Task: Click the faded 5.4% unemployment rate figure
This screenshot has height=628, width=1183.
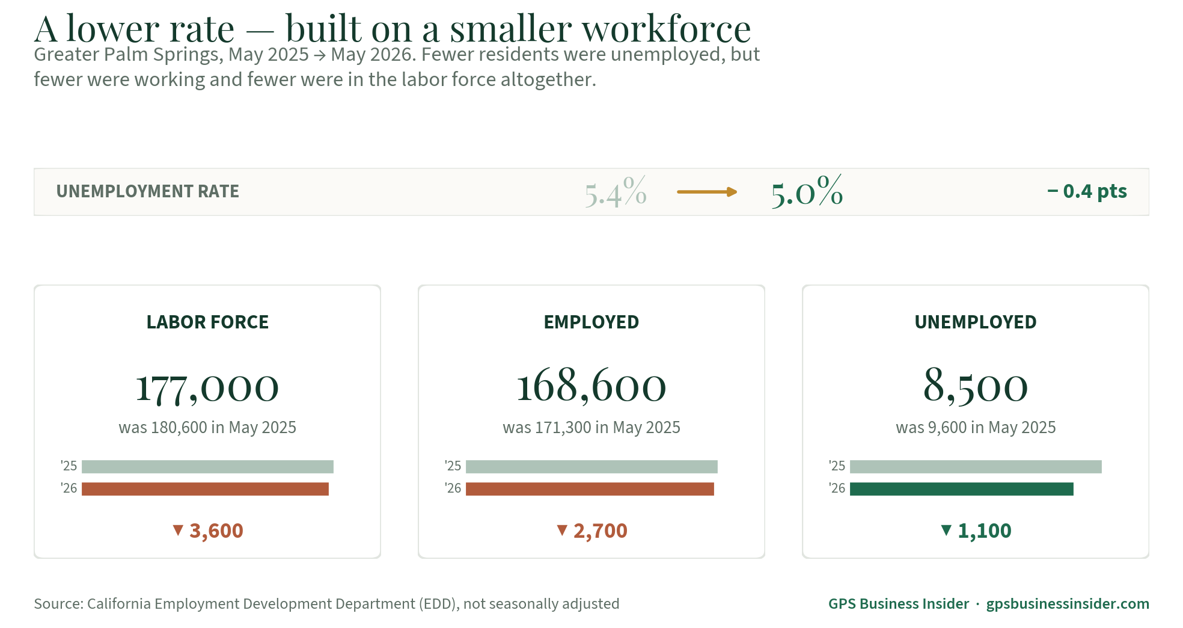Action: pos(616,192)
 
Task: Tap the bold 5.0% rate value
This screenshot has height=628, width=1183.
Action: pos(807,191)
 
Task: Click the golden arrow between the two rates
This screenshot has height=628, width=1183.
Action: pos(707,192)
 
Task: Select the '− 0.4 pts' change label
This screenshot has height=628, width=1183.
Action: pos(1087,191)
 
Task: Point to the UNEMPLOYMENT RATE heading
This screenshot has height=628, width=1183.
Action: pos(148,191)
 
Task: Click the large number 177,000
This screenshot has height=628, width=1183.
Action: pos(207,387)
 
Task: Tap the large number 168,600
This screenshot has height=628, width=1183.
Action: pos(591,386)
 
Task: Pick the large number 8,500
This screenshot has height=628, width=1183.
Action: pos(976,386)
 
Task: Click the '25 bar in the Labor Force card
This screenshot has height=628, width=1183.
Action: pos(207,467)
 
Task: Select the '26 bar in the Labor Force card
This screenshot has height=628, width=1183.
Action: pos(205,489)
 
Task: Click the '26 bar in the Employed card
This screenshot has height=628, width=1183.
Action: pos(590,489)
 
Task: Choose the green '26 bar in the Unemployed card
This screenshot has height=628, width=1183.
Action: pos(962,489)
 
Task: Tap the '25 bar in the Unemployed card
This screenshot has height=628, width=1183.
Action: pos(976,467)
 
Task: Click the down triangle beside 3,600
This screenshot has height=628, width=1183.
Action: pos(178,530)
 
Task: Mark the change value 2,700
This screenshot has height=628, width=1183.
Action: pos(601,531)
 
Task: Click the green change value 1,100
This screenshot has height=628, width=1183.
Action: pos(985,531)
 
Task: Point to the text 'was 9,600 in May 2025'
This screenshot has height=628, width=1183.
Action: pos(976,427)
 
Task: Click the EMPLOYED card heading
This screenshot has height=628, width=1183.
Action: pos(591,322)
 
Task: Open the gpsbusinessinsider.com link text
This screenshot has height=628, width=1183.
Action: pos(1068,604)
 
